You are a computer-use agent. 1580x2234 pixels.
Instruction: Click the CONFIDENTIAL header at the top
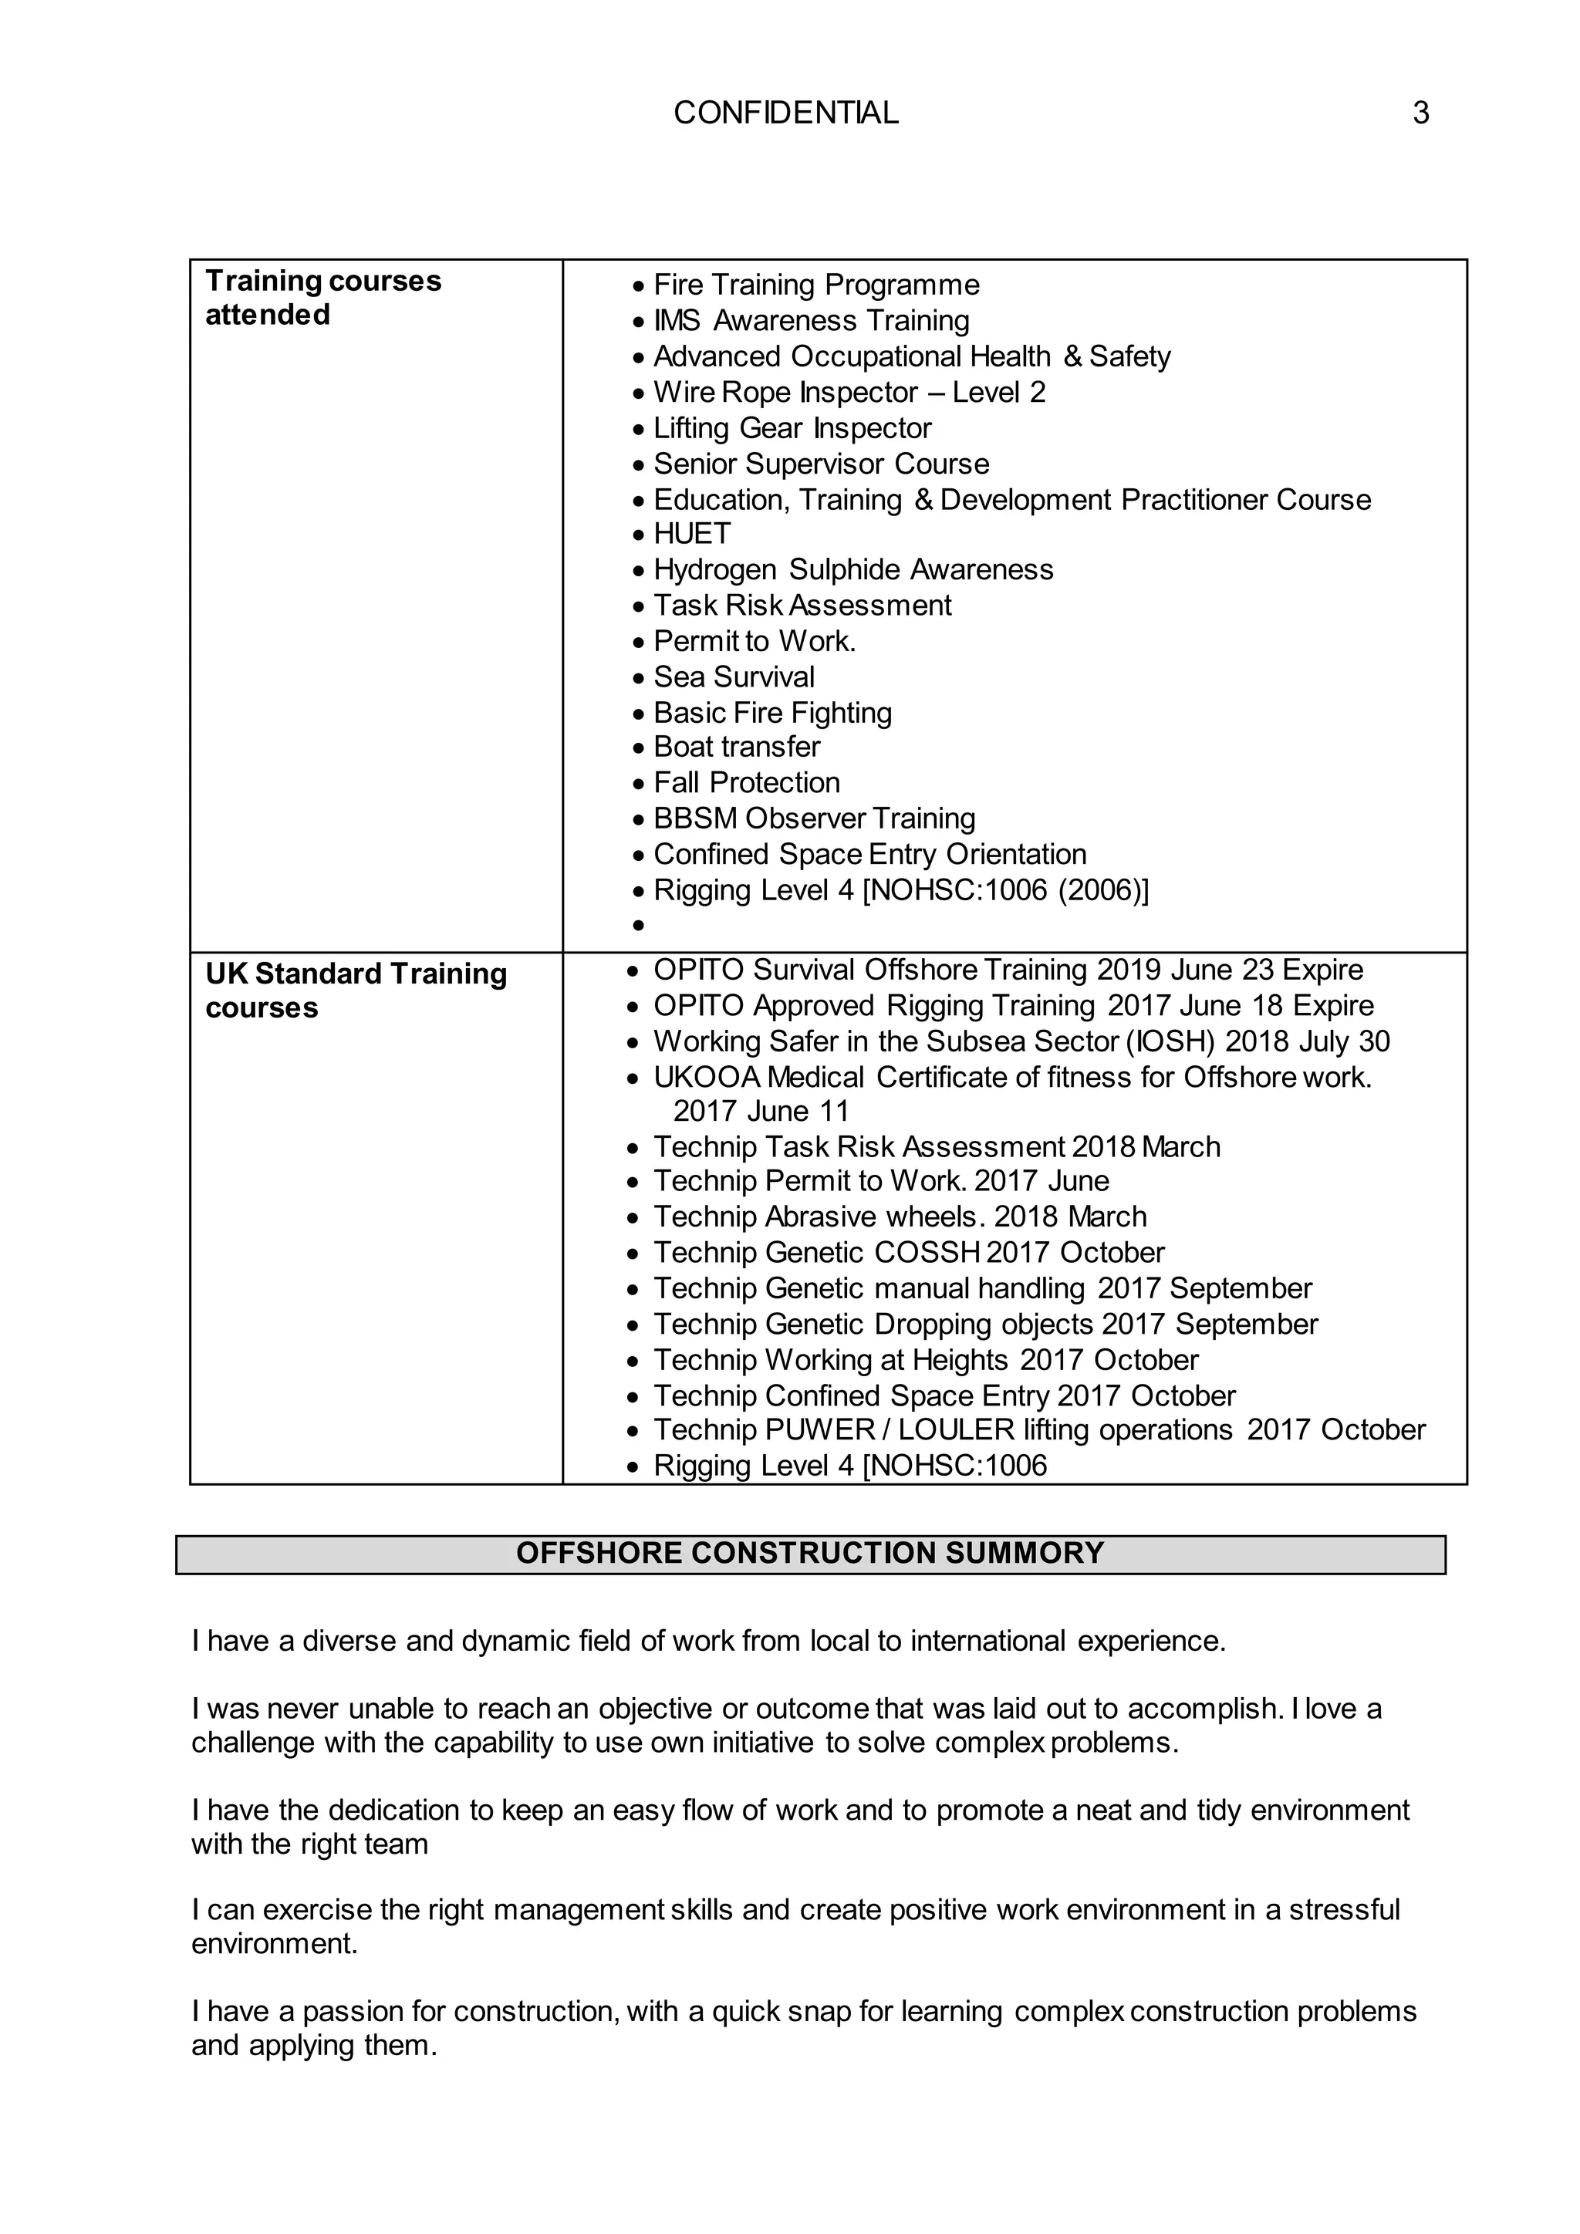pyautogui.click(x=785, y=113)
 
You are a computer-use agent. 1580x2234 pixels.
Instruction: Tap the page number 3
pyautogui.click(x=1420, y=113)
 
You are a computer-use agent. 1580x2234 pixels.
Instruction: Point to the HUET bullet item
pyautogui.click(x=692, y=534)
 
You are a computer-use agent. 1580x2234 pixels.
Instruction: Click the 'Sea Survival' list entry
pyautogui.click(x=734, y=677)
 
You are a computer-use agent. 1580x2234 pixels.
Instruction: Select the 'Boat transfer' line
pyautogui.click(x=737, y=747)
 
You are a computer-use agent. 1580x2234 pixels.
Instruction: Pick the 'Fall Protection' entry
pyautogui.click(x=746, y=783)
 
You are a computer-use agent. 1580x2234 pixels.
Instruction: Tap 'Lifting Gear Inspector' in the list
pyautogui.click(x=792, y=428)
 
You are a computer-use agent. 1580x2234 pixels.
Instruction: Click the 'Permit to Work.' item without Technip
pyautogui.click(x=754, y=641)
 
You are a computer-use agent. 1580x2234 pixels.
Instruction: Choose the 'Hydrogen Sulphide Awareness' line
pyautogui.click(x=853, y=569)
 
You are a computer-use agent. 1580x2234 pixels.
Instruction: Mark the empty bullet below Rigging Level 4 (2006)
pyautogui.click(x=638, y=926)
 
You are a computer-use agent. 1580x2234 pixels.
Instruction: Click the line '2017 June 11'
pyautogui.click(x=761, y=1111)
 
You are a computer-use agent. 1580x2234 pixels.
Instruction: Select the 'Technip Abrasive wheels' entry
pyautogui.click(x=900, y=1217)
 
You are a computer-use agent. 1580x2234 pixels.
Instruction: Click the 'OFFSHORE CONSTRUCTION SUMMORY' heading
pyautogui.click(x=809, y=1553)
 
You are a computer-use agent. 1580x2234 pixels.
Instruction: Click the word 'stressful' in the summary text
pyautogui.click(x=1344, y=1910)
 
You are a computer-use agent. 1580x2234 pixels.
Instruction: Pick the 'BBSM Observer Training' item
pyautogui.click(x=815, y=819)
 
